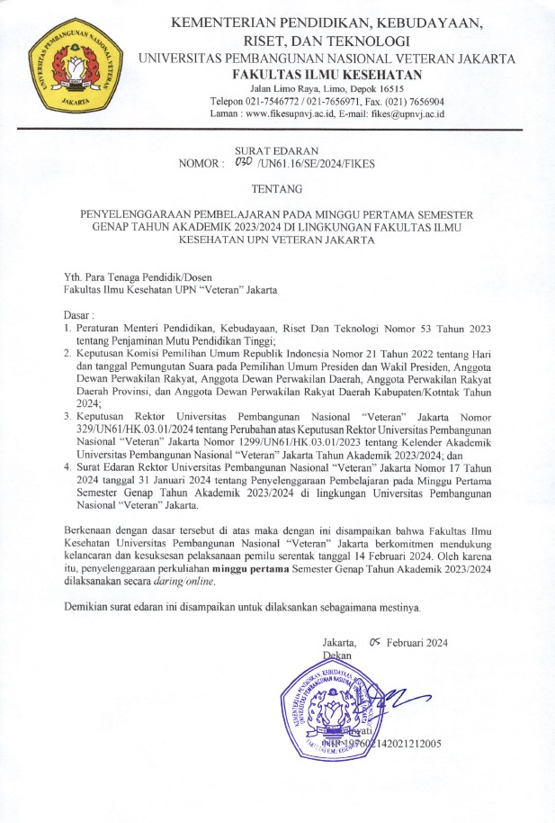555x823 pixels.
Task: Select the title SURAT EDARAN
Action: click(x=276, y=150)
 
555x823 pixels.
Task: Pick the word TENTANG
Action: click(x=277, y=189)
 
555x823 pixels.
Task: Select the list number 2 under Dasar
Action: click(x=67, y=354)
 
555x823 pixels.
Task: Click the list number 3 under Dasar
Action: click(x=67, y=417)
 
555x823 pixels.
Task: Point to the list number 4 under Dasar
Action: click(x=67, y=467)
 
